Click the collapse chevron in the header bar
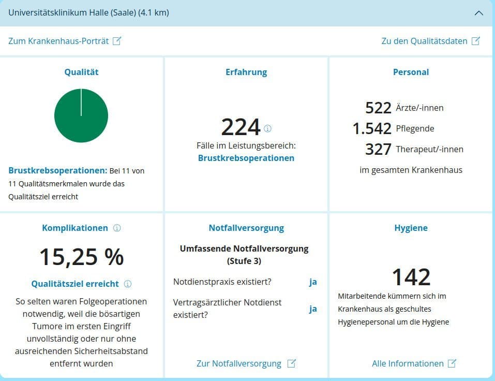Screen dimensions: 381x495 pos(478,13)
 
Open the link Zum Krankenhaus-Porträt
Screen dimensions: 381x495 pos(64,41)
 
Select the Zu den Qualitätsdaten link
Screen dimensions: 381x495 pos(430,41)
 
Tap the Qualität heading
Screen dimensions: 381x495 pos(81,72)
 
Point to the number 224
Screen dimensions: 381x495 pos(241,127)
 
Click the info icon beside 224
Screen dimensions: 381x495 pos(267,128)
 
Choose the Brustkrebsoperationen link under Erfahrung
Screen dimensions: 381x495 pos(246,158)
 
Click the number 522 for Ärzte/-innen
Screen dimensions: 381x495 pos(378,108)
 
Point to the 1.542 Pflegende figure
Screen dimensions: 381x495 pos(372,128)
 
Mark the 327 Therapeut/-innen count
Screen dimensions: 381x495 pos(378,149)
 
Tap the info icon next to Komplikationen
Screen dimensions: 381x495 pos(117,228)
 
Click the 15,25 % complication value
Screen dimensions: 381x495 pos(81,257)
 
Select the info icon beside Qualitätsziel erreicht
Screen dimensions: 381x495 pos(128,284)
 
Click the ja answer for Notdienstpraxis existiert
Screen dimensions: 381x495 pos(313,282)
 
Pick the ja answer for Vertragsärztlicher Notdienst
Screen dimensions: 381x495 pos(313,309)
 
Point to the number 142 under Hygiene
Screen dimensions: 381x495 pos(411,277)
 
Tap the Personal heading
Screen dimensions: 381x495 pos(411,72)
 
